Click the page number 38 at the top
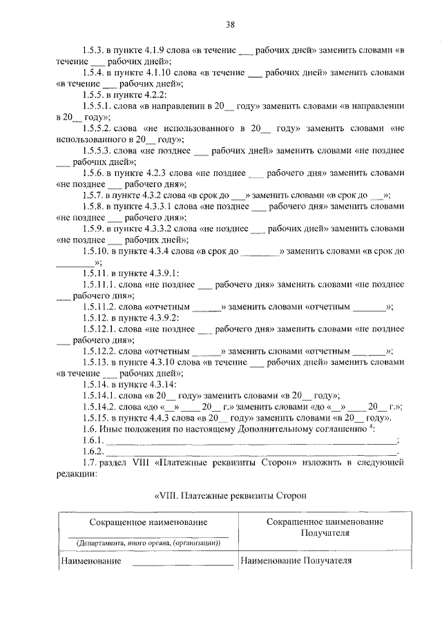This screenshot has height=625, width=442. pos(231,26)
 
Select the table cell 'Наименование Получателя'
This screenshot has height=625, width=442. pos(296,561)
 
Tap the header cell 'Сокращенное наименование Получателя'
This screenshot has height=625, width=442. pos(325,528)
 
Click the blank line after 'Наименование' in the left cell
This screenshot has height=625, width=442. pos(182,563)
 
